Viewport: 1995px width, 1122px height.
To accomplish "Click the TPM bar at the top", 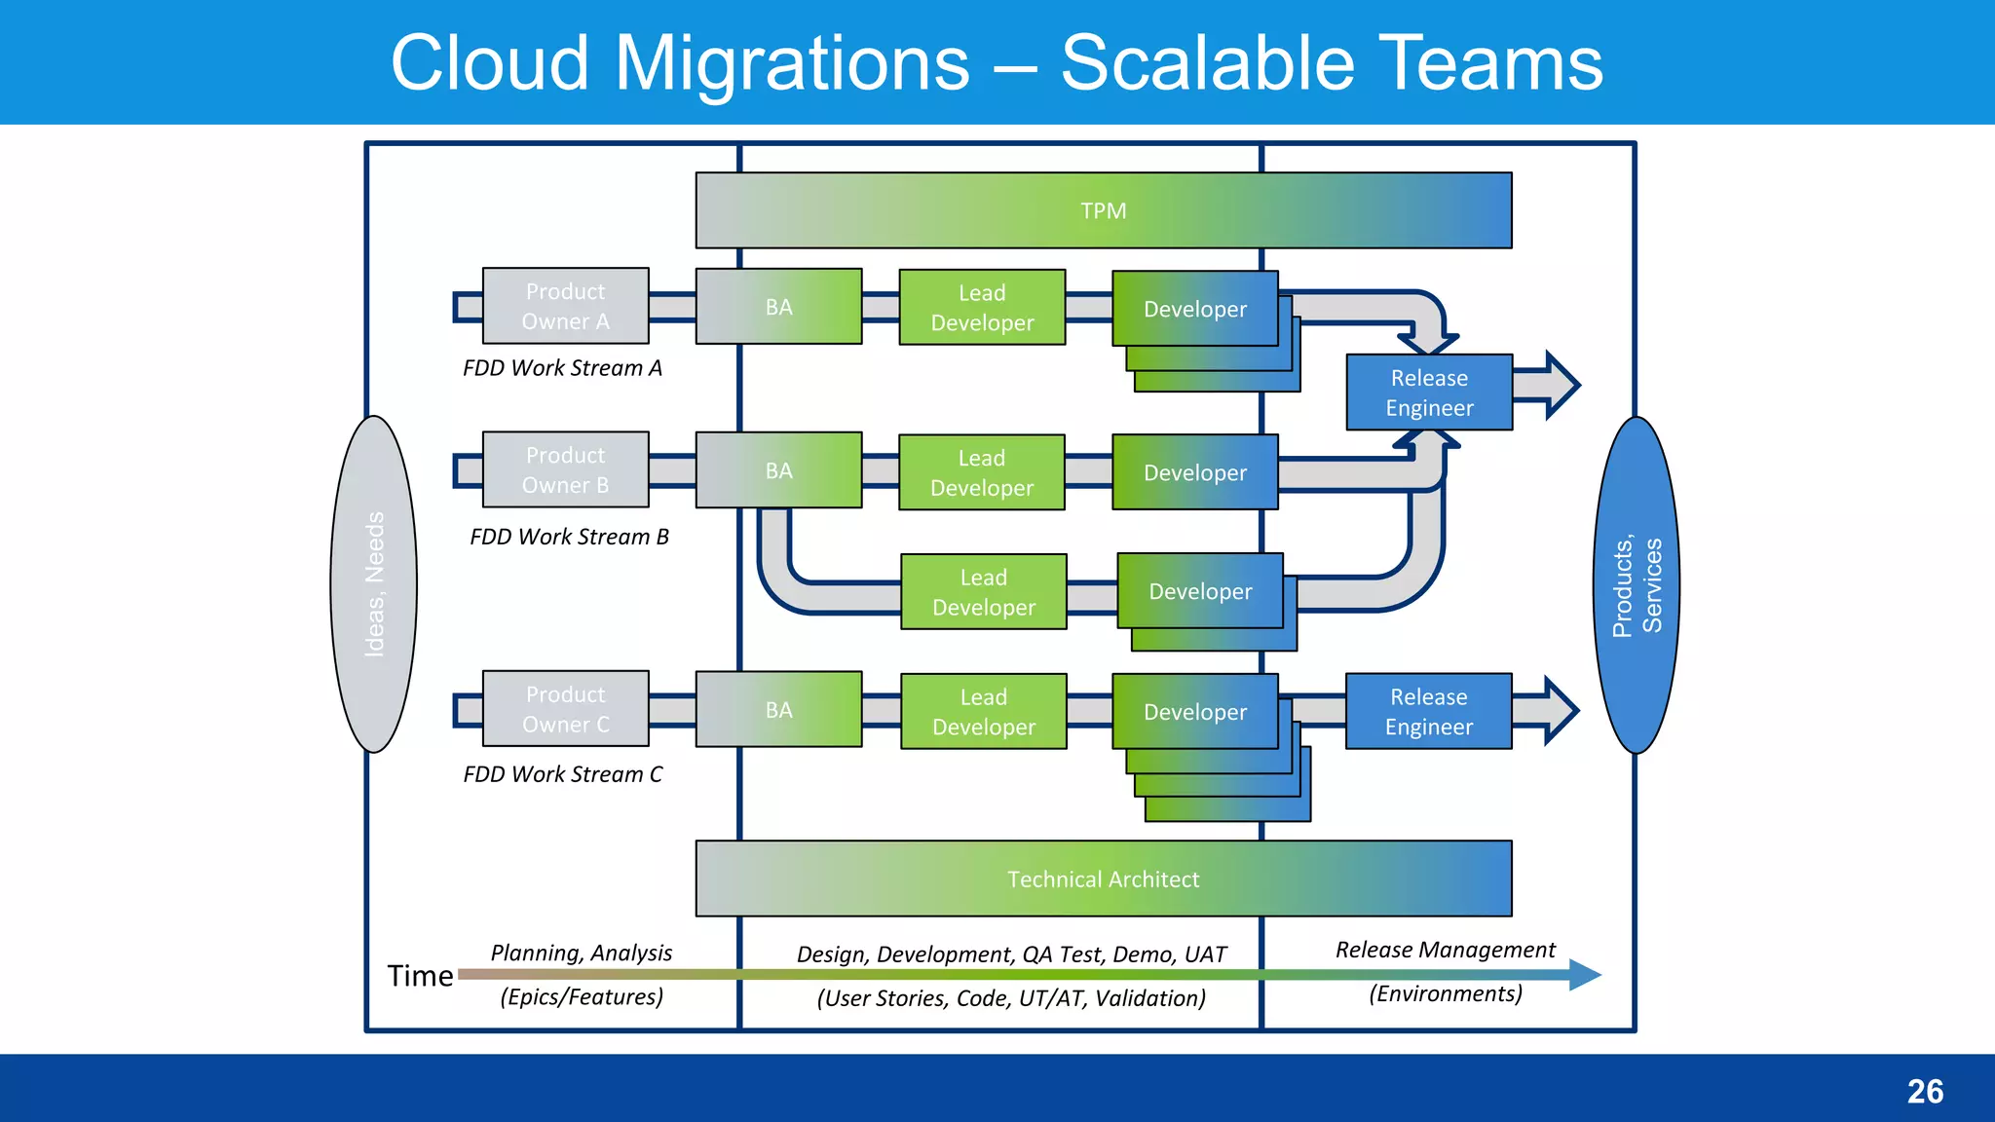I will pos(1103,210).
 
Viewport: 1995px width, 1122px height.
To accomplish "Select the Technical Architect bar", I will pos(1103,879).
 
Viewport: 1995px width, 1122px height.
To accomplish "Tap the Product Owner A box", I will pos(565,306).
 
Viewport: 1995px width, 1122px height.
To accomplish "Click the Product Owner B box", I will pos(565,469).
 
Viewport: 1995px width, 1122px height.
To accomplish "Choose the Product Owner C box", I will pos(565,708).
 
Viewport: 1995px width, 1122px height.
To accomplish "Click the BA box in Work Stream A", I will pos(778,307).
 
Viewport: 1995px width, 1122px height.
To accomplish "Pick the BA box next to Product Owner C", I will pos(778,709).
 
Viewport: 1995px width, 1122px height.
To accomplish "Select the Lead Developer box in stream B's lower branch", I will pos(983,592).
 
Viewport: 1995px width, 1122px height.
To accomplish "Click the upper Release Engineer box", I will pos(1428,393).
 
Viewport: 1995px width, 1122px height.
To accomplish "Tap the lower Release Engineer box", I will pos(1428,711).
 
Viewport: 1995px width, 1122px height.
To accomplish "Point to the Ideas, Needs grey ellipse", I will pos(374,584).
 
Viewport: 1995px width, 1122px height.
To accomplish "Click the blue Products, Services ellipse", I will pos(1637,584).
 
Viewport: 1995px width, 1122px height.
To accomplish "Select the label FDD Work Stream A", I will pos(562,368).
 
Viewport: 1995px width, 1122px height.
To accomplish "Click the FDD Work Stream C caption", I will pos(562,774).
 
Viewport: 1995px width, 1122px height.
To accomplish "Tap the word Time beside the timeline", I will pos(420,976).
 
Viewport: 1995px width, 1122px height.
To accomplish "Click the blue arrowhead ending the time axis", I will pos(1585,974).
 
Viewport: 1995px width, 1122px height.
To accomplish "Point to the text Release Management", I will pos(1445,950).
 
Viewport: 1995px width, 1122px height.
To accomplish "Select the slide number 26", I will pos(1924,1091).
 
